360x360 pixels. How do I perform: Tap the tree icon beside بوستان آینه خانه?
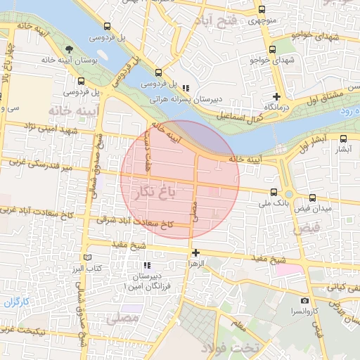coord(69,49)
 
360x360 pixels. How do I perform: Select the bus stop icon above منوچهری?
coord(262,10)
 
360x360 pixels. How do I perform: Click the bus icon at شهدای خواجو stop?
coord(272,49)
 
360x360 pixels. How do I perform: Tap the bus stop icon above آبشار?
coord(344,139)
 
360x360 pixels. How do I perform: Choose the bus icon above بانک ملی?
coord(274,192)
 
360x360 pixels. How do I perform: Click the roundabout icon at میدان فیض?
coord(289,195)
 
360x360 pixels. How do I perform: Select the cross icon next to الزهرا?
coord(195,252)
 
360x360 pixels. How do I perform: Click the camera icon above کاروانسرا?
coord(304,301)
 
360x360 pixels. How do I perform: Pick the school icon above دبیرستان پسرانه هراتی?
coord(186,88)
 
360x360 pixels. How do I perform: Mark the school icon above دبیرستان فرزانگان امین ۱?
coord(147,266)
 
